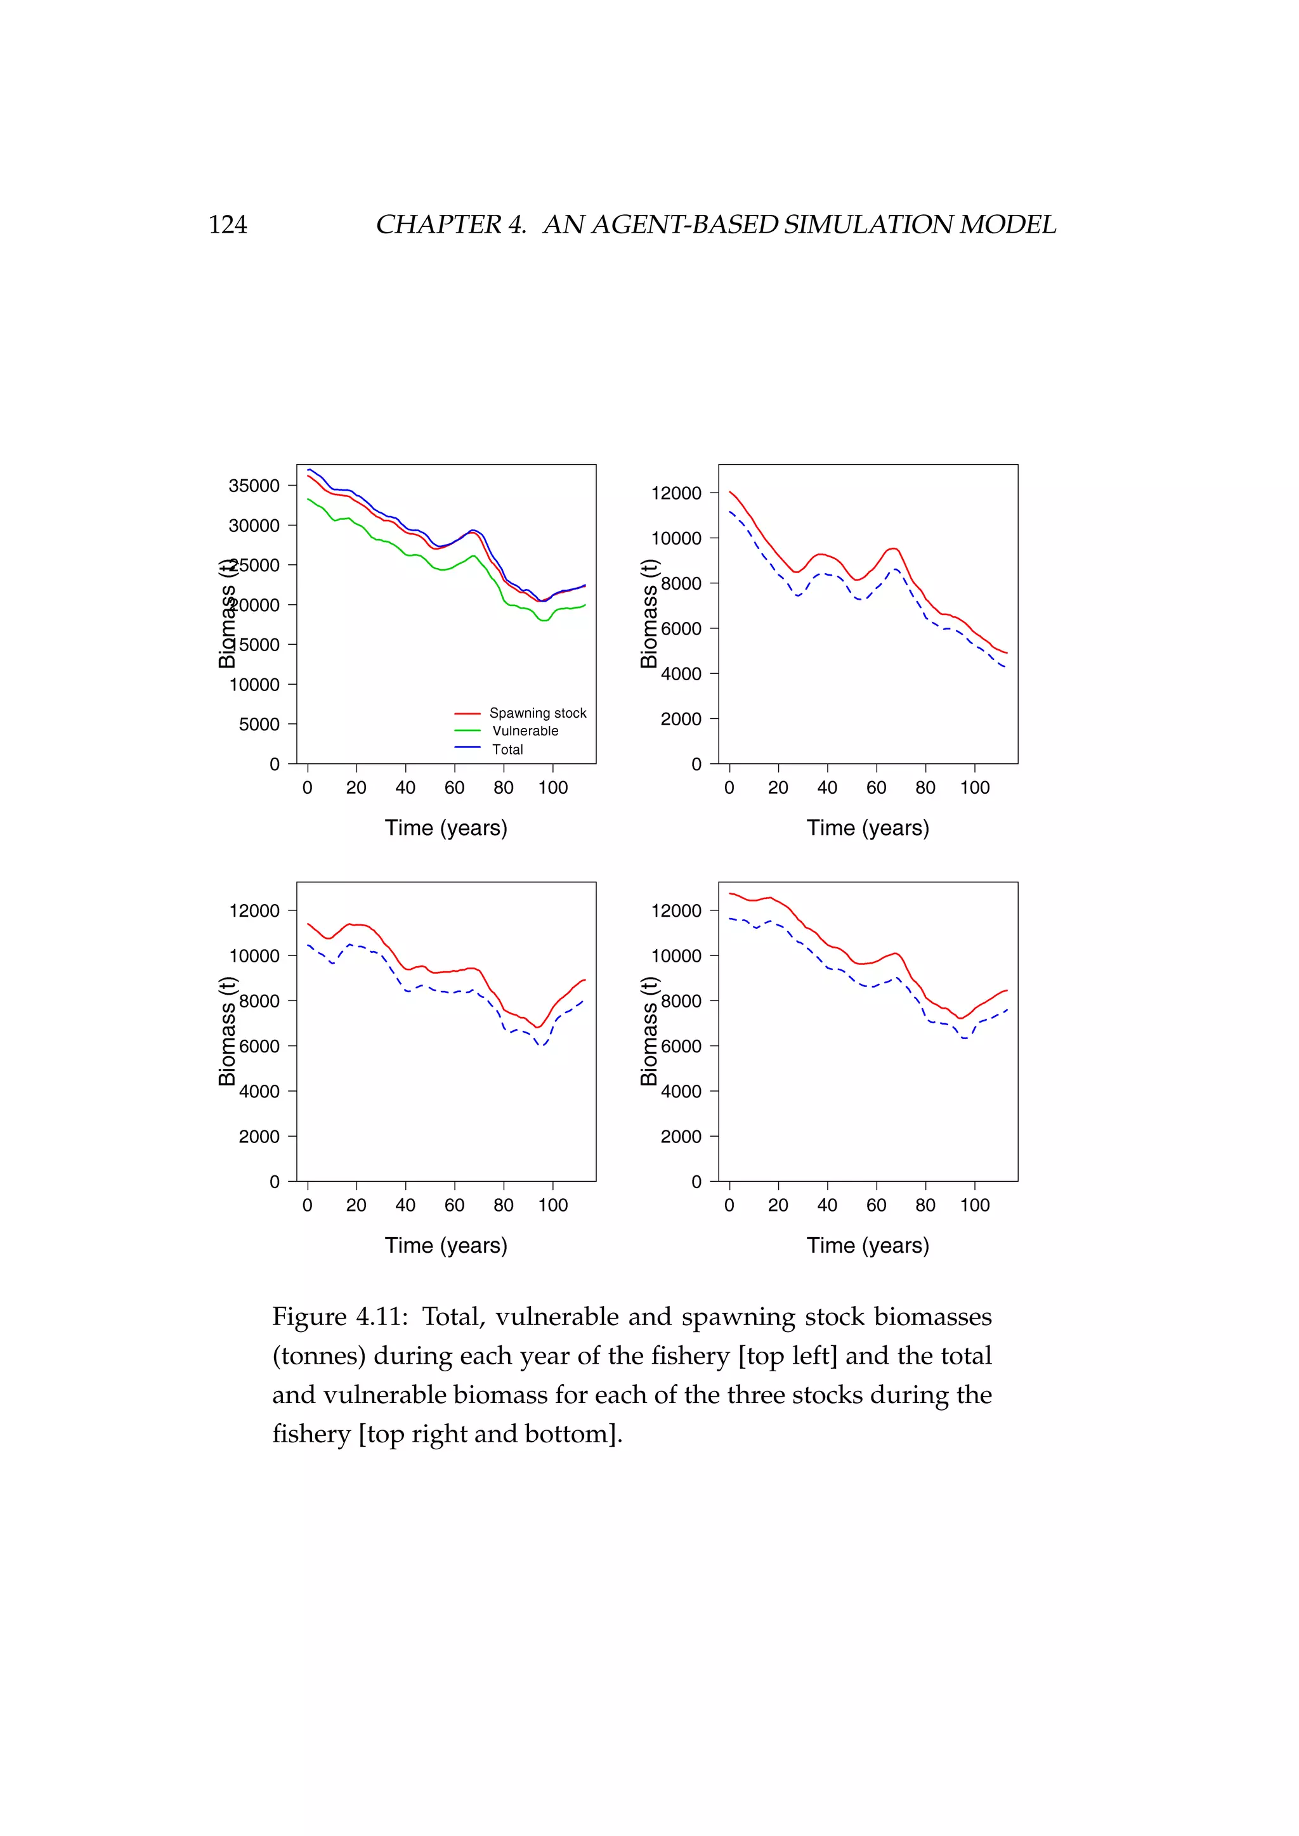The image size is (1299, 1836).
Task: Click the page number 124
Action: [x=227, y=224]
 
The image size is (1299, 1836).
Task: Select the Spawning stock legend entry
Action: [x=537, y=713]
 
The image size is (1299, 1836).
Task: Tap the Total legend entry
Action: [x=507, y=749]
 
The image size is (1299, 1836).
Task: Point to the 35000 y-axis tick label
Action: [x=254, y=486]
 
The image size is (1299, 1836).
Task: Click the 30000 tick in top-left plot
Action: [x=254, y=526]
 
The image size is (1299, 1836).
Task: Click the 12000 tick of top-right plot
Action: [x=676, y=493]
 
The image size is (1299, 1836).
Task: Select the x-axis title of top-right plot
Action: [x=868, y=827]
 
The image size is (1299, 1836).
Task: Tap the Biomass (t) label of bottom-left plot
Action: [x=227, y=1031]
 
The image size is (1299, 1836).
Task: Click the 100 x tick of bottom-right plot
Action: [x=974, y=1205]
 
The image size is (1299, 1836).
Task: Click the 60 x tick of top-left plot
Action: [x=454, y=787]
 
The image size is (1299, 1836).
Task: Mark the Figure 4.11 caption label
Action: [x=339, y=1317]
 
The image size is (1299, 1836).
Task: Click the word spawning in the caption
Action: [x=738, y=1317]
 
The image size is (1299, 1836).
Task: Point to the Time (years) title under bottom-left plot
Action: [x=445, y=1245]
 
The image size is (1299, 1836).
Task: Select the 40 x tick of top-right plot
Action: [x=827, y=787]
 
